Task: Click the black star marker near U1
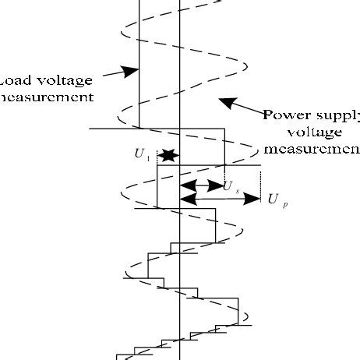click(x=168, y=157)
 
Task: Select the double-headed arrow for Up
click(x=220, y=199)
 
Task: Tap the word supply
click(x=336, y=117)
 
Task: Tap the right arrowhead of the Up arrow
click(x=254, y=199)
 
